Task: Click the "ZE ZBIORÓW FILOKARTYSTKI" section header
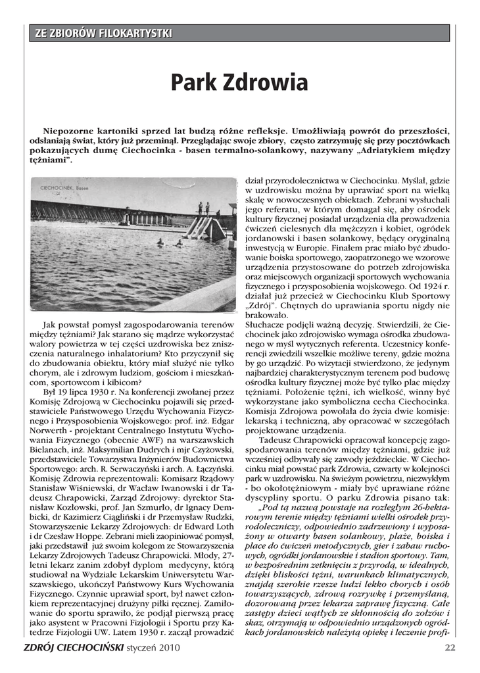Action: coord(105,33)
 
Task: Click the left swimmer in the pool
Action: coord(160,243)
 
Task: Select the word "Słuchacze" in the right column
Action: coord(264,324)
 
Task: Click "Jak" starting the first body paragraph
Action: coord(49,325)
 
